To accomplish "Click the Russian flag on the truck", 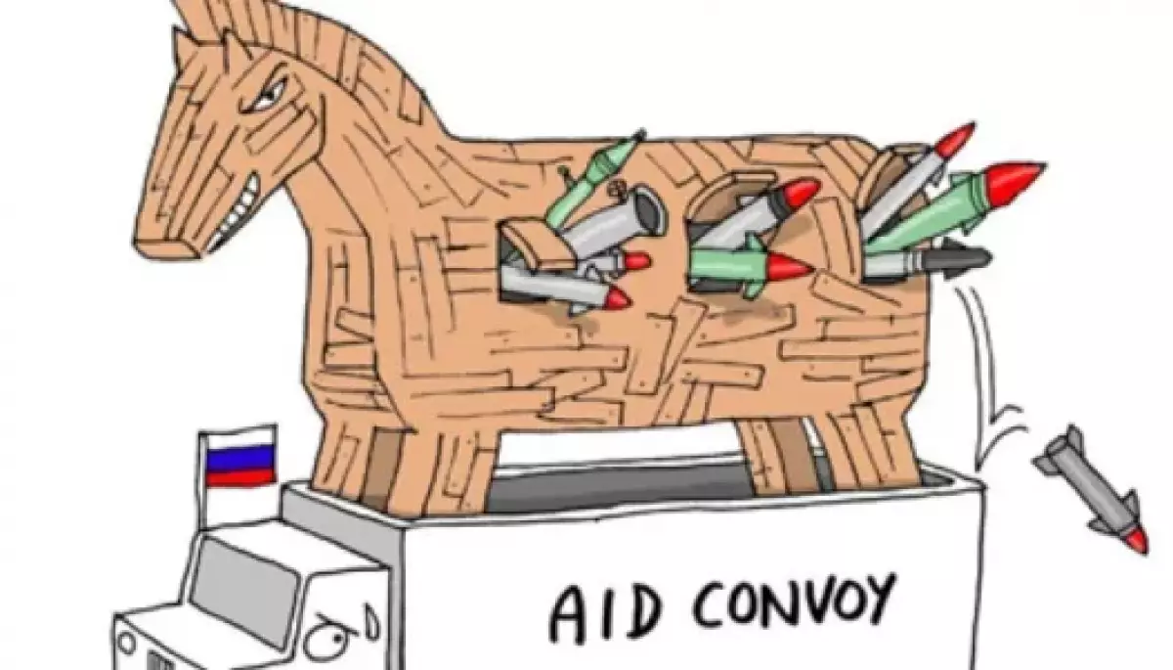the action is (239, 455).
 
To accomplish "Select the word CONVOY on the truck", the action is (792, 603).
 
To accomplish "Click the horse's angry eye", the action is (267, 98).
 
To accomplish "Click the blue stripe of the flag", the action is (240, 458).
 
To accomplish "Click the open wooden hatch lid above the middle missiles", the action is (733, 190).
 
